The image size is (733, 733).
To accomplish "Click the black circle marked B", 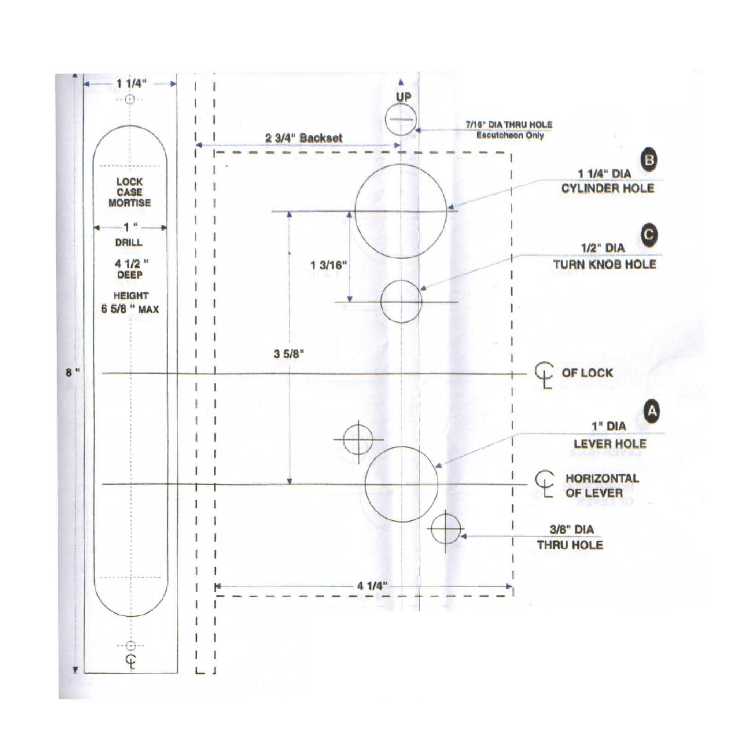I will [649, 160].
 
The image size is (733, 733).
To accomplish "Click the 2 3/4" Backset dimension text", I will [303, 138].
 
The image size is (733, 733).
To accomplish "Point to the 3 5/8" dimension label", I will [289, 354].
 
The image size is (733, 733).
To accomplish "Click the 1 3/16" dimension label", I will [328, 265].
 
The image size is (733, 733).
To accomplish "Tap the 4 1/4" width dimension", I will [372, 585].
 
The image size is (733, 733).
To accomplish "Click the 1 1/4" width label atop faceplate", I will [130, 84].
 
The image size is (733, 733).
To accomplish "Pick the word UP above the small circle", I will [403, 97].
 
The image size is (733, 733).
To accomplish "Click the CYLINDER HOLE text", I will [607, 188].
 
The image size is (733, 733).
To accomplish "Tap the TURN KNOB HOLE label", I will [604, 265].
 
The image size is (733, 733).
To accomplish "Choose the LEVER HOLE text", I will [610, 443].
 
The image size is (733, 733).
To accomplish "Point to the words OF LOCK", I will [587, 373].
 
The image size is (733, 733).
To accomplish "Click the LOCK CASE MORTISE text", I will [129, 192].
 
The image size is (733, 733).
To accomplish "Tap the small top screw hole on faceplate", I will [130, 100].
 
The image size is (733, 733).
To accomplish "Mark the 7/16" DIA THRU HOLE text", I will [509, 125].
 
